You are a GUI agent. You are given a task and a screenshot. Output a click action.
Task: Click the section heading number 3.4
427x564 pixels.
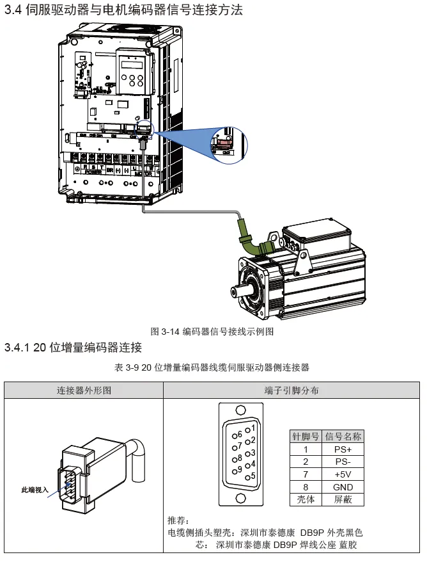[x=13, y=11]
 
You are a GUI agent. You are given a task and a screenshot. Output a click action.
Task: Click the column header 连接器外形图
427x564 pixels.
[x=84, y=390]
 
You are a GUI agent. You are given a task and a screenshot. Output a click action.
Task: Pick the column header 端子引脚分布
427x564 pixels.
[x=291, y=390]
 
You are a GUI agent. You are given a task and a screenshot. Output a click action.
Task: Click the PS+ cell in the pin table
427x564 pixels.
[x=343, y=449]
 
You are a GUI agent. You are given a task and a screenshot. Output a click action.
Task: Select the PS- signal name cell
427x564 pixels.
[x=343, y=462]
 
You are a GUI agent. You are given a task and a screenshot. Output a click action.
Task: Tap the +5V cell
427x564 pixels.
[x=343, y=474]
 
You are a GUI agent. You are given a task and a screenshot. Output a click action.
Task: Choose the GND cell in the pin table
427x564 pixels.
[x=343, y=487]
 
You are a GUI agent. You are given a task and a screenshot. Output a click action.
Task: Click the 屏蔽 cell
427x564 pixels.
[x=343, y=499]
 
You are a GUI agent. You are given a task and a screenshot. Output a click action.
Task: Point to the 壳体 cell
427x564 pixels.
[x=306, y=499]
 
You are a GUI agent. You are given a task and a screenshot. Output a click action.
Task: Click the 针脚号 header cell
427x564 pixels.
[x=306, y=437]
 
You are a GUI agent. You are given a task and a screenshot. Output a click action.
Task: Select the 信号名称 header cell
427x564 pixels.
[x=343, y=437]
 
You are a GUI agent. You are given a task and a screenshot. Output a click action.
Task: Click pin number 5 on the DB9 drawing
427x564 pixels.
[x=253, y=476]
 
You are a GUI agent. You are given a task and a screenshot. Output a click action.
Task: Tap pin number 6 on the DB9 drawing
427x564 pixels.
[x=240, y=435]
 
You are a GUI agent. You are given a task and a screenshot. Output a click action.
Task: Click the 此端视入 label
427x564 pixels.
[x=35, y=490]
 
